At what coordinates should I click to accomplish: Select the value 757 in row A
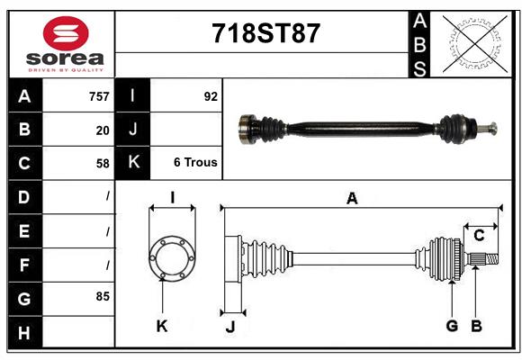98,96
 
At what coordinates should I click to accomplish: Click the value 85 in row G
102,296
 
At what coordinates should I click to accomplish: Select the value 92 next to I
211,96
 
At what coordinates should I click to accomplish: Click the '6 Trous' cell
194,163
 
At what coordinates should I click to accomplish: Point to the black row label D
24,196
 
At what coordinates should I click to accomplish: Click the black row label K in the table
133,163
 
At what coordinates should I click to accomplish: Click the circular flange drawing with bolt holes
171,257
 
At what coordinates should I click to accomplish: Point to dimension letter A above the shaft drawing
352,199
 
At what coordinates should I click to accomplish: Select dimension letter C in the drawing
479,235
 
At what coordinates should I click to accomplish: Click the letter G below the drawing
452,326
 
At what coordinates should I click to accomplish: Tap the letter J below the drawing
229,327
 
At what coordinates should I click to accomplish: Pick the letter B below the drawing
477,326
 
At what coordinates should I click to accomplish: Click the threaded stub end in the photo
491,130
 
